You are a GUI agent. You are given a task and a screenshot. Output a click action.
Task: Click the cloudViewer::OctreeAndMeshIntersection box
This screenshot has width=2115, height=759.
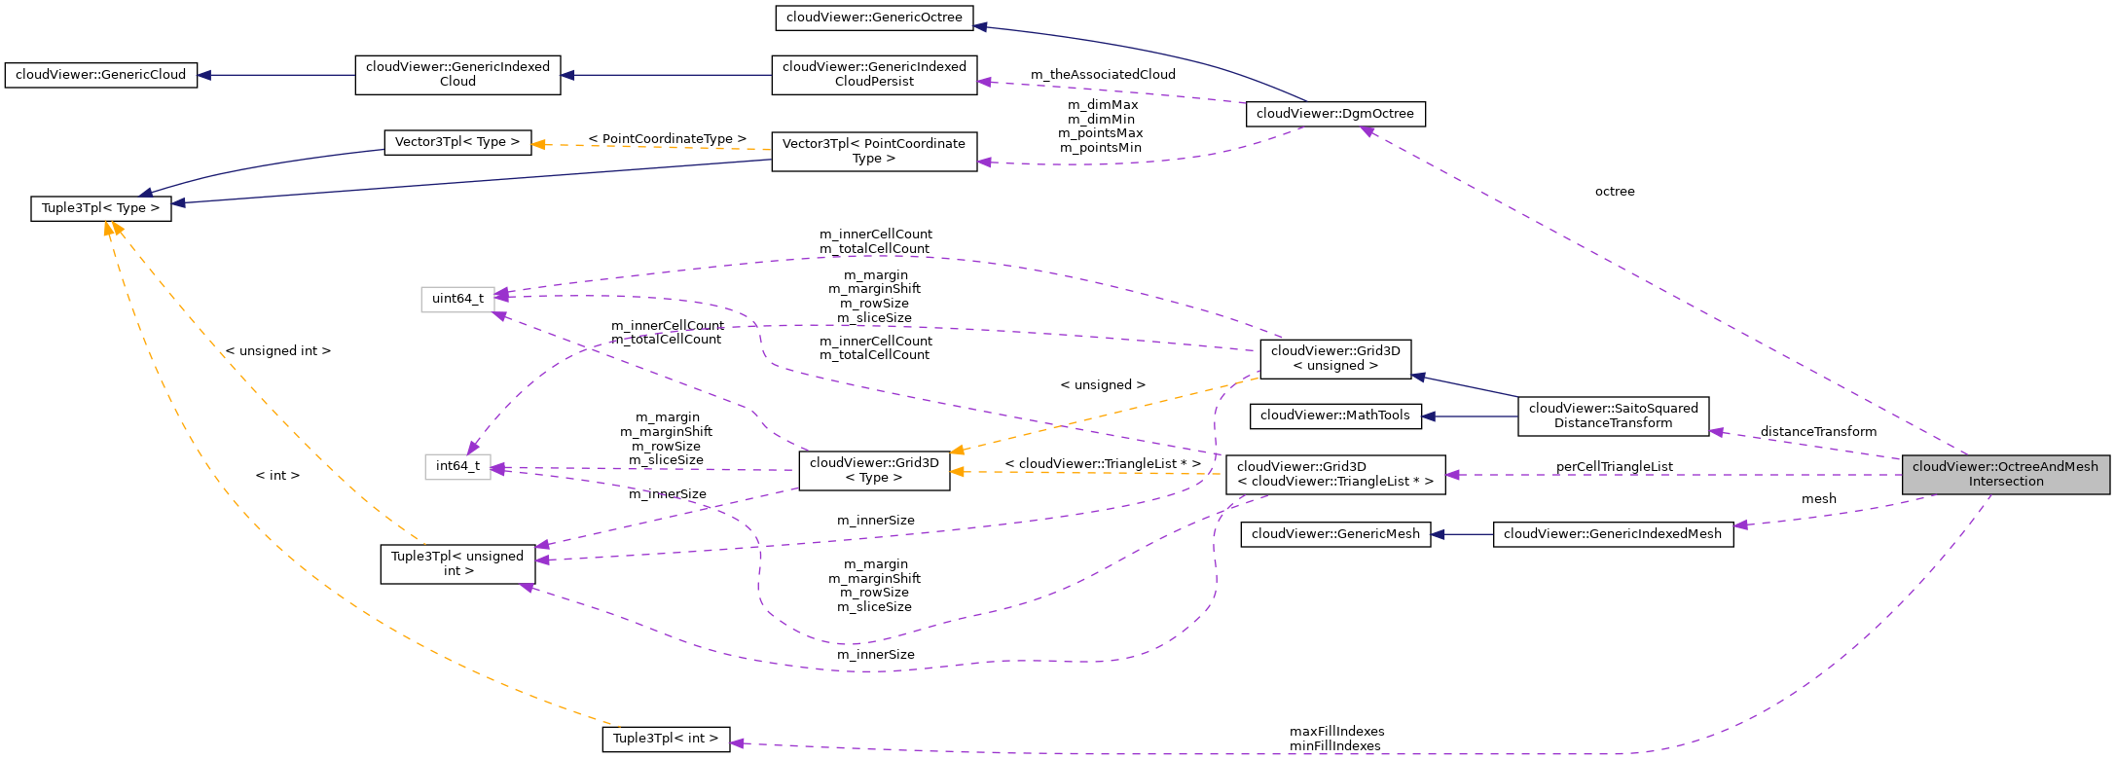[x=2005, y=474]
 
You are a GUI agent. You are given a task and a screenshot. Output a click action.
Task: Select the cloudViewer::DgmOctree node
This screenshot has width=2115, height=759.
[x=1334, y=114]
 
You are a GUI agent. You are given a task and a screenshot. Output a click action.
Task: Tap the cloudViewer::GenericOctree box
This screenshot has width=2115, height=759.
[x=874, y=18]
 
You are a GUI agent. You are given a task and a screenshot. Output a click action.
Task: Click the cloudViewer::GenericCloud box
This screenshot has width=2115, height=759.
[x=100, y=75]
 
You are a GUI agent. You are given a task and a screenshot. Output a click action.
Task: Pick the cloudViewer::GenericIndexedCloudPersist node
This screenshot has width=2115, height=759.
[x=874, y=75]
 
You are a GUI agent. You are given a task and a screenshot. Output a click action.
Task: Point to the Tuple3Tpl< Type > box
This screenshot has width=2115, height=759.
[x=100, y=208]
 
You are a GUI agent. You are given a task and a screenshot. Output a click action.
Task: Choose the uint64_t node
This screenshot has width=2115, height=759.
[x=457, y=299]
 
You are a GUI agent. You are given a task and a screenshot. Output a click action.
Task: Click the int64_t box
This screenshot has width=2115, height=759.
[x=457, y=466]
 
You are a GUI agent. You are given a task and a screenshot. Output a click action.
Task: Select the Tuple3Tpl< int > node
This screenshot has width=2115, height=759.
[x=665, y=739]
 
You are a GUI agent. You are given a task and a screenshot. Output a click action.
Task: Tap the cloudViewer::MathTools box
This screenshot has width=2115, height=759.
[x=1334, y=416]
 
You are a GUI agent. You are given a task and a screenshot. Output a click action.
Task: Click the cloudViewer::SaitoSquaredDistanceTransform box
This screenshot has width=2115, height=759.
[x=1613, y=416]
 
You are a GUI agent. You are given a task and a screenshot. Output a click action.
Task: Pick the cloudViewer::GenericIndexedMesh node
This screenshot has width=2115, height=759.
[x=1613, y=534]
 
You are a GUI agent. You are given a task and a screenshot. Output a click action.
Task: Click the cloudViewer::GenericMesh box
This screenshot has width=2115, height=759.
[x=1334, y=534]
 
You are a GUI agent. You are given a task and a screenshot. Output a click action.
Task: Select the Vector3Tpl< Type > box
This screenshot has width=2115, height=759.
[x=457, y=142]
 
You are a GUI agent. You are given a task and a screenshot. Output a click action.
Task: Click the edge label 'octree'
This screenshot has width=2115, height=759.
[x=1615, y=192]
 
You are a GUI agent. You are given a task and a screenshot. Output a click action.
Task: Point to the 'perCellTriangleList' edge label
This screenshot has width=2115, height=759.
[x=1614, y=467]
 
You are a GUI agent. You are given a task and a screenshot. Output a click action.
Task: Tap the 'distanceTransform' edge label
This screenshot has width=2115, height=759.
[x=1818, y=432]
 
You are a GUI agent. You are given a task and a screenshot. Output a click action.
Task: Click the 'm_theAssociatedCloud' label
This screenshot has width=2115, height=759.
[x=1103, y=75]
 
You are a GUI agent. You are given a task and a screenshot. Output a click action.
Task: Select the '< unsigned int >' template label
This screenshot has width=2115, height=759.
[x=278, y=351]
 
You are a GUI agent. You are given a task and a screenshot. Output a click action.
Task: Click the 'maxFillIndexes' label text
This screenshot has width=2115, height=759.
[x=1336, y=732]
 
